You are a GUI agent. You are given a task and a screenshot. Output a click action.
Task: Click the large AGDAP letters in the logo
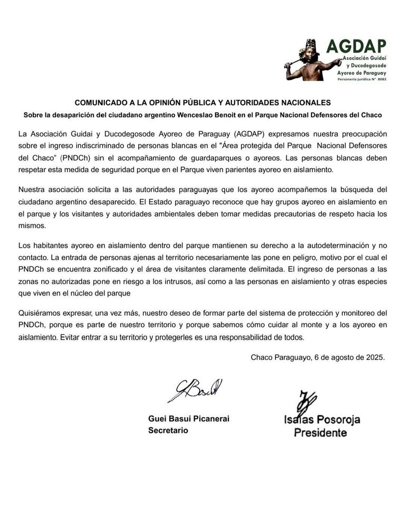pyautogui.click(x=356, y=46)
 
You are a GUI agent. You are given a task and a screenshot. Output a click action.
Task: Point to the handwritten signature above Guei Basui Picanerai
pyautogui.click(x=195, y=391)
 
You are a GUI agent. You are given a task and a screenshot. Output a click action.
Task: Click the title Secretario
pyautogui.click(x=168, y=430)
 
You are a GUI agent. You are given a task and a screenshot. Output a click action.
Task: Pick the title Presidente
pyautogui.click(x=320, y=433)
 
